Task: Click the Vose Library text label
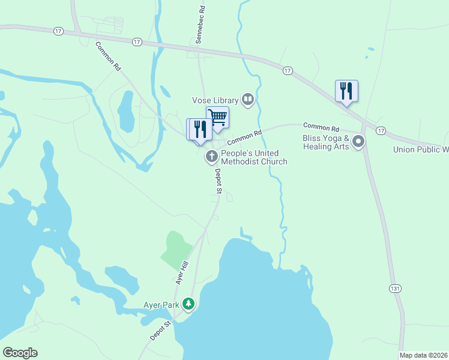(214, 100)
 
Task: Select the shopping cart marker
(217, 117)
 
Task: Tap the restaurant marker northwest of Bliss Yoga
(346, 91)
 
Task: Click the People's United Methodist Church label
(254, 157)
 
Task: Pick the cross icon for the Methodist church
(211, 157)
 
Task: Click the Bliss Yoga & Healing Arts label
(326, 142)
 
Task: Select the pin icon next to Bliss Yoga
(358, 142)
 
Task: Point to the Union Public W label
(421, 149)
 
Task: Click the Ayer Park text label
(161, 305)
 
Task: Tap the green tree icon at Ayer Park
(189, 304)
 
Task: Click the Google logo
(20, 353)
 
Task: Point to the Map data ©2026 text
(424, 355)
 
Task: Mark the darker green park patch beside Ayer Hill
(175, 250)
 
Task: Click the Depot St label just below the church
(218, 181)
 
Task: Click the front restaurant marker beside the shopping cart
(201, 129)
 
